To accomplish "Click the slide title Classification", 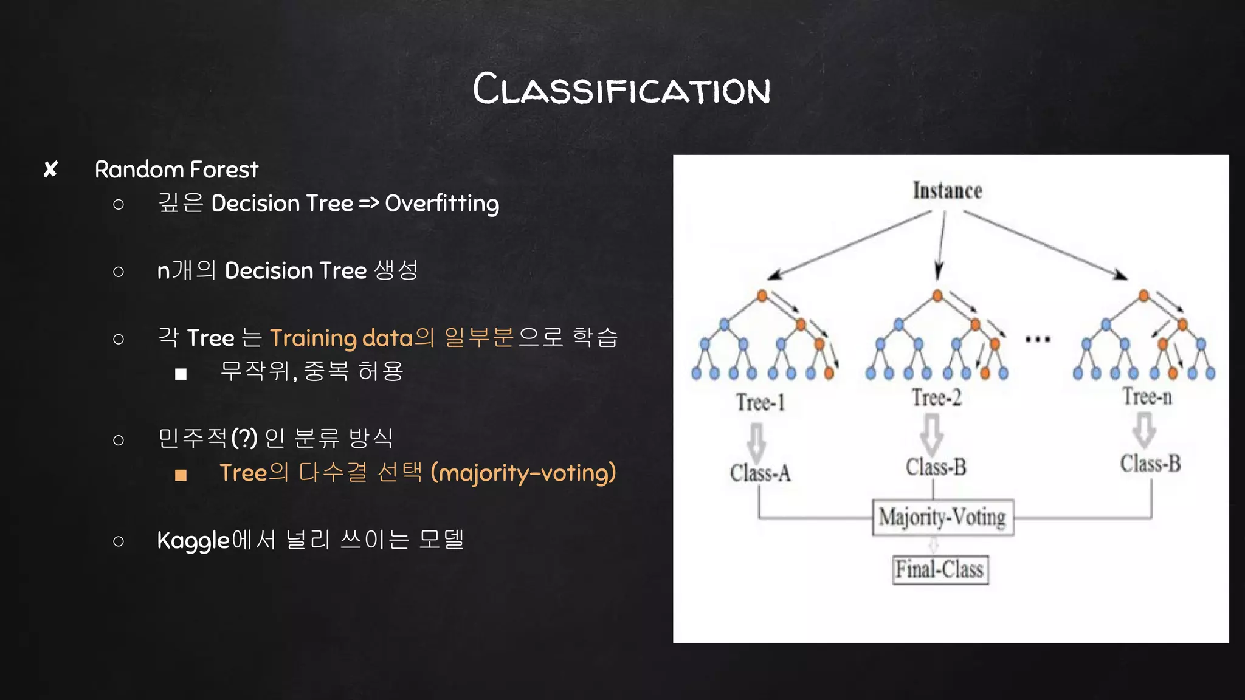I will (621, 89).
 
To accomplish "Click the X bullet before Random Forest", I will (51, 170).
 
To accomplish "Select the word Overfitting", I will (442, 204).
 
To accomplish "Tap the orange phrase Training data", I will (341, 338).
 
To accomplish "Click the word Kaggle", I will (193, 540).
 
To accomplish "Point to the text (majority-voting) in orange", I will (523, 473).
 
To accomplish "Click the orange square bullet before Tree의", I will (181, 475).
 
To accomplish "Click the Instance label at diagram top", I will (947, 191).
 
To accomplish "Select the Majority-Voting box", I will (942, 518).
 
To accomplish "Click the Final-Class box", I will (940, 570).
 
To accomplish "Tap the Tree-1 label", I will (760, 402).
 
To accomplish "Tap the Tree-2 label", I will (936, 398).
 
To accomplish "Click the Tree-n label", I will (1147, 397).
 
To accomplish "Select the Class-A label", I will (760, 473).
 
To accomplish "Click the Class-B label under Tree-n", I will (1150, 464).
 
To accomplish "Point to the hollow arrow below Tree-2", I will (932, 433).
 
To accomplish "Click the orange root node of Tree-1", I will (762, 296).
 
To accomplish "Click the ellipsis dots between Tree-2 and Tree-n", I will (1037, 340).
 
